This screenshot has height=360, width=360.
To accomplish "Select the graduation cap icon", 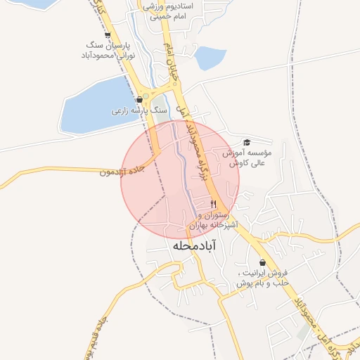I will click(246, 143).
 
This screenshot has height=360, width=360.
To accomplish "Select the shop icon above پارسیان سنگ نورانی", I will click(107, 34).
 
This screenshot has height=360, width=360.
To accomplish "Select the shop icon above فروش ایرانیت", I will click(262, 262).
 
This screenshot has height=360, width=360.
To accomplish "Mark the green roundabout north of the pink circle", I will click(146, 95).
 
